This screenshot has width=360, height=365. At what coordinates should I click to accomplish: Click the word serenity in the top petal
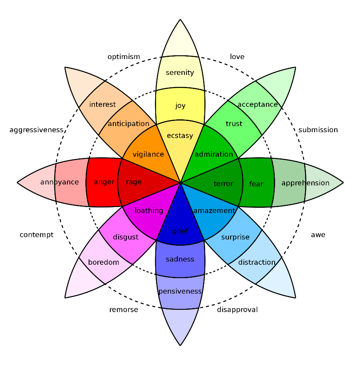click(x=180, y=73)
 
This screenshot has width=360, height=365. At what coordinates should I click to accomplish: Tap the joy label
click(x=180, y=106)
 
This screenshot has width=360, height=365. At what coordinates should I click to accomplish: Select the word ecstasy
click(x=180, y=136)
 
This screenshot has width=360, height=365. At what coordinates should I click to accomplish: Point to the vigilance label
click(x=148, y=155)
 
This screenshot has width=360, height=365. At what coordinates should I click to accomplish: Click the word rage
click(x=134, y=182)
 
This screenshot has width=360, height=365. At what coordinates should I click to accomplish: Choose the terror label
click(x=223, y=184)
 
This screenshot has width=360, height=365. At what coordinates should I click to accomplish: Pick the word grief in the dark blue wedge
click(x=180, y=231)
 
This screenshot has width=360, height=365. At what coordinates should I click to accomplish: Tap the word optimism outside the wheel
click(x=124, y=57)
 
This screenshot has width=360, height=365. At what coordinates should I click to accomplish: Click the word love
click(x=237, y=57)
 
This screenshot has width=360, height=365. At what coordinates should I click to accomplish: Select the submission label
click(x=318, y=130)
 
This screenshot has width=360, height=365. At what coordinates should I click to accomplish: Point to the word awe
click(x=318, y=235)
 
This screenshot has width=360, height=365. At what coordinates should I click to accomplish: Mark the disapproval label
click(x=237, y=310)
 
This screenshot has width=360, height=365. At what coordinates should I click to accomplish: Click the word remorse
click(x=124, y=310)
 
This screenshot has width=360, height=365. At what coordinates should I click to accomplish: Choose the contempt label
click(x=37, y=235)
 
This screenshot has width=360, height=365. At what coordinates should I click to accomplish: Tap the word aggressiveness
click(x=36, y=130)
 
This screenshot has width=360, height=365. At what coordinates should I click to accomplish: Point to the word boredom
click(x=104, y=262)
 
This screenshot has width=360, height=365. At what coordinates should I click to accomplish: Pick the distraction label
click(x=257, y=262)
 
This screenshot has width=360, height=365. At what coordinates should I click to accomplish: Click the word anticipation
click(x=128, y=124)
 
